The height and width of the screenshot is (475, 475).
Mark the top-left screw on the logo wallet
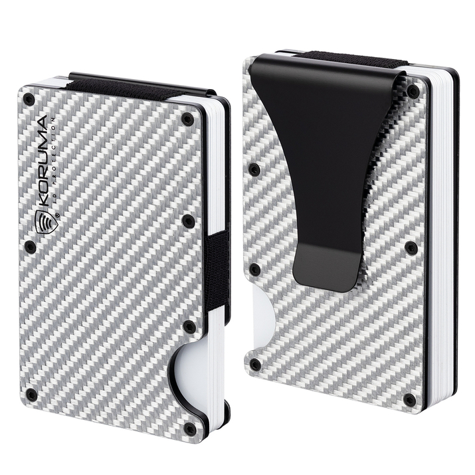coord(28,100)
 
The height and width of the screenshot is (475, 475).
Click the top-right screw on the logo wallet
coord(187,120)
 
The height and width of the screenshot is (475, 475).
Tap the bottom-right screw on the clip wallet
coord(410,400)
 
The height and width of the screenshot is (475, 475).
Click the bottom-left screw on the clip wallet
coord(254,364)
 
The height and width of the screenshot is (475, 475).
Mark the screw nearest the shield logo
coord(30,246)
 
